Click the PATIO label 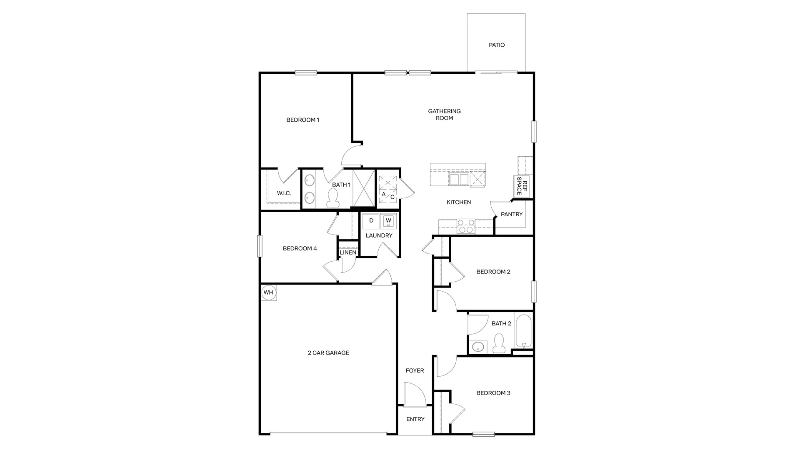(x=497, y=45)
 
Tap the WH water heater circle (x=268, y=292)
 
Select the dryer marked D (x=371, y=221)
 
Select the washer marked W (x=388, y=221)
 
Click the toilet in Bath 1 (x=332, y=198)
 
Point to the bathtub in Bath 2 (x=524, y=332)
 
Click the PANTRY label (x=511, y=214)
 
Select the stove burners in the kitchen (x=466, y=226)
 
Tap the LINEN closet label (x=348, y=252)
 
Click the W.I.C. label (x=284, y=193)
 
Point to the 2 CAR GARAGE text (x=328, y=353)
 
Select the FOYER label (x=415, y=370)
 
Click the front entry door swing (x=414, y=395)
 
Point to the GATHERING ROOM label (x=444, y=115)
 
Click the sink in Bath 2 (x=477, y=347)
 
